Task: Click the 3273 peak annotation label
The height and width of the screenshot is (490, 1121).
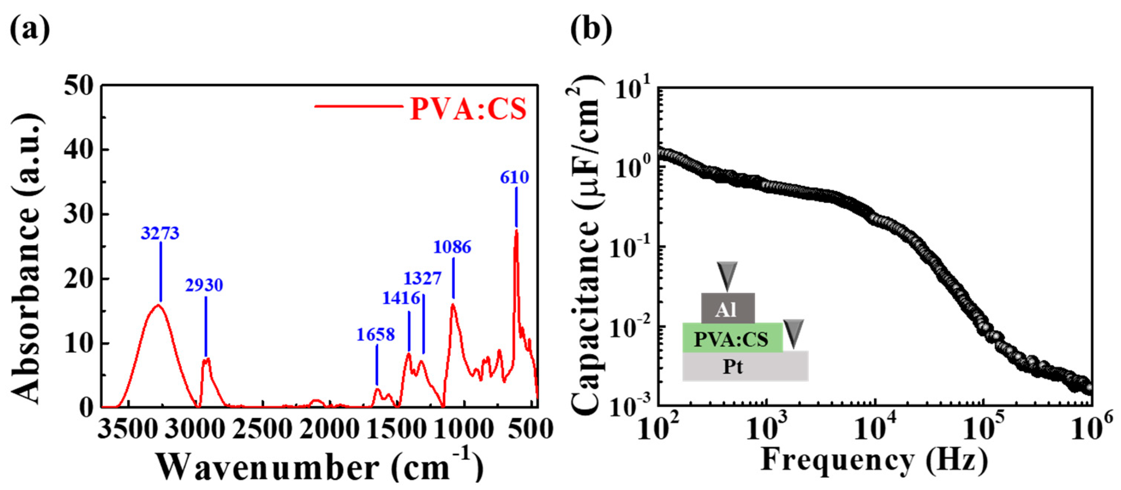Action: click(160, 234)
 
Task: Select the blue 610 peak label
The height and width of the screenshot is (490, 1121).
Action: click(514, 177)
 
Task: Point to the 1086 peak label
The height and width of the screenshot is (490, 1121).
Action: click(452, 247)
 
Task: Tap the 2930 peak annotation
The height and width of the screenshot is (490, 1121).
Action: click(204, 285)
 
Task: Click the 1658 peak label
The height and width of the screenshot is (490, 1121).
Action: click(376, 334)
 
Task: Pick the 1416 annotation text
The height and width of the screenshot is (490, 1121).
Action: click(401, 298)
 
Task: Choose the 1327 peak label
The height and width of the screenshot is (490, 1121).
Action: click(422, 278)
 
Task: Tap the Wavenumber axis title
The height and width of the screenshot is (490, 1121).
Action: click(320, 467)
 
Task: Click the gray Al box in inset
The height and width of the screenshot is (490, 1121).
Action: click(728, 308)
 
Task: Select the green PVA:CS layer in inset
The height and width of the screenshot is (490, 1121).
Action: click(732, 338)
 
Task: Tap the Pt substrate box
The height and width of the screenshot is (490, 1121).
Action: click(745, 366)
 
